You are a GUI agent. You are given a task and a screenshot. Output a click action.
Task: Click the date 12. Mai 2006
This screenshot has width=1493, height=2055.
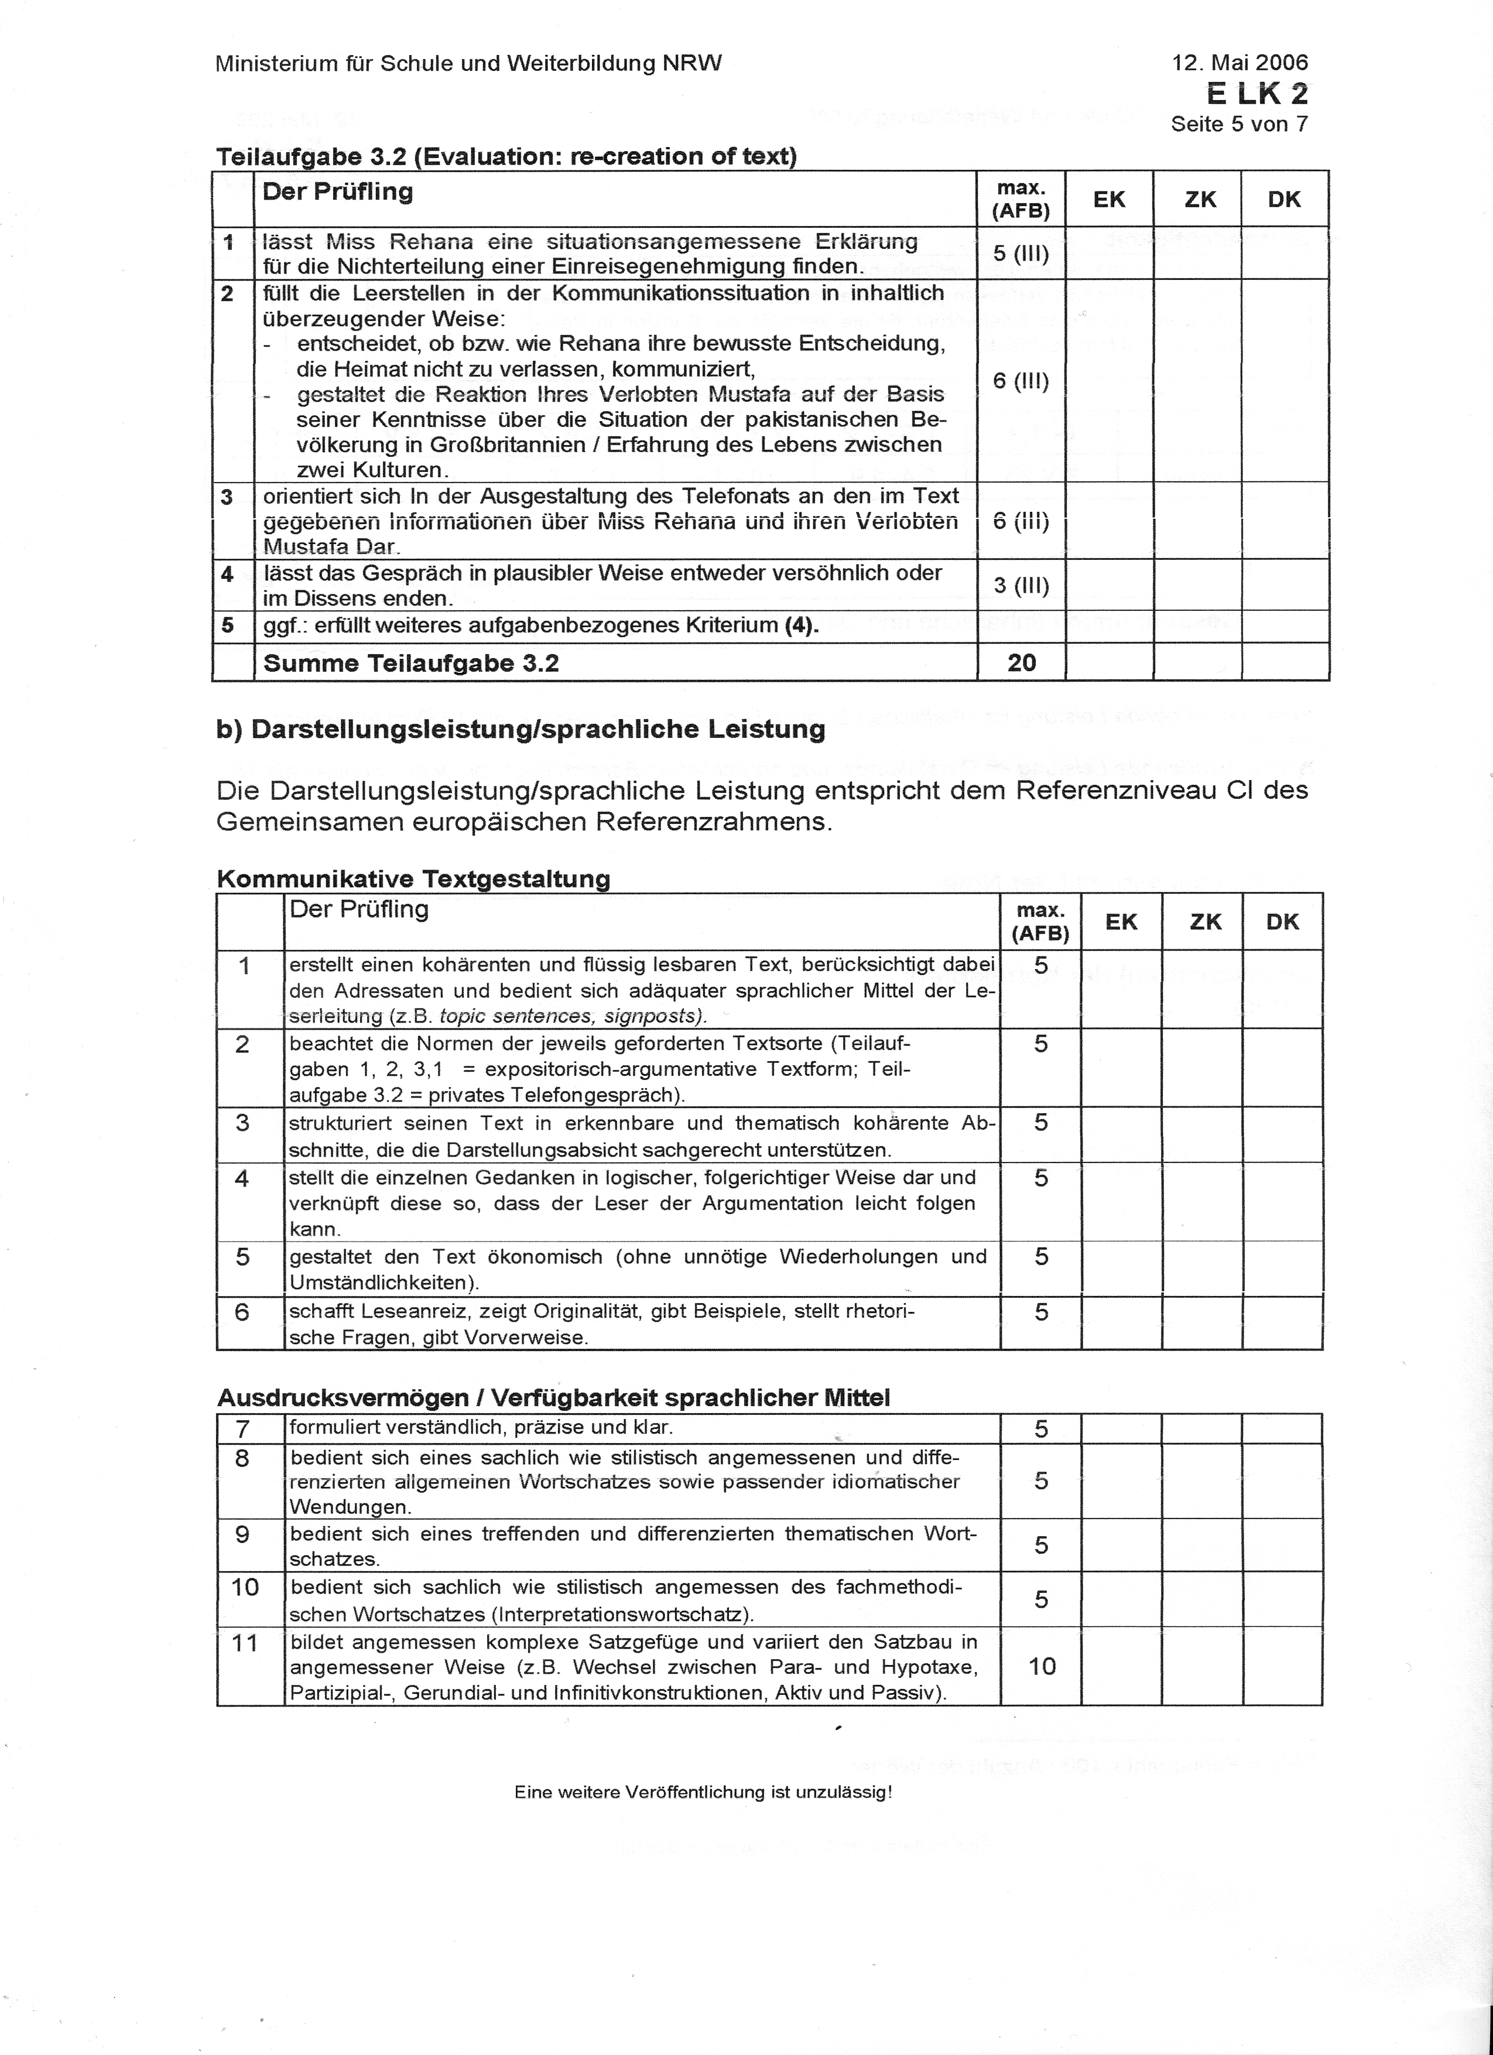[x=1239, y=63]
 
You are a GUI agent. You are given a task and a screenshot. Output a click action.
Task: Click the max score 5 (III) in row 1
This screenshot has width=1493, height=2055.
[x=1021, y=254]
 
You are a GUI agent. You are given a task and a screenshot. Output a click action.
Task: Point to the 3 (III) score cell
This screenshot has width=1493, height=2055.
[x=1021, y=585]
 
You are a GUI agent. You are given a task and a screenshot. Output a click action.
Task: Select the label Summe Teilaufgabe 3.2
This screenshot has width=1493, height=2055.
[x=410, y=664]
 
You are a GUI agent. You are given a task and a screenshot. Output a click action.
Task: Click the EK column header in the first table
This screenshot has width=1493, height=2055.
[x=1109, y=199]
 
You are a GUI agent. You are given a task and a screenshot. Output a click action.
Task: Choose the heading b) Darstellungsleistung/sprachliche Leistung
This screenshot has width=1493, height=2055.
[x=520, y=729]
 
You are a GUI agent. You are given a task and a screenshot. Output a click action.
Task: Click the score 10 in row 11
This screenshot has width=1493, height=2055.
[x=1042, y=1666]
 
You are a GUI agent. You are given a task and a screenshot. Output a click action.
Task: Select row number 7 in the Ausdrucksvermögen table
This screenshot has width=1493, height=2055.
[x=242, y=1429]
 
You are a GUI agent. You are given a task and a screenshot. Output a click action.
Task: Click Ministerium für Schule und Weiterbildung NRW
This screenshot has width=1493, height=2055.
[x=468, y=63]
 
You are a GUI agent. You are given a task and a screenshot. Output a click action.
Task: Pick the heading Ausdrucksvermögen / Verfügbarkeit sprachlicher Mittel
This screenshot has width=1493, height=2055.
[x=553, y=1397]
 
